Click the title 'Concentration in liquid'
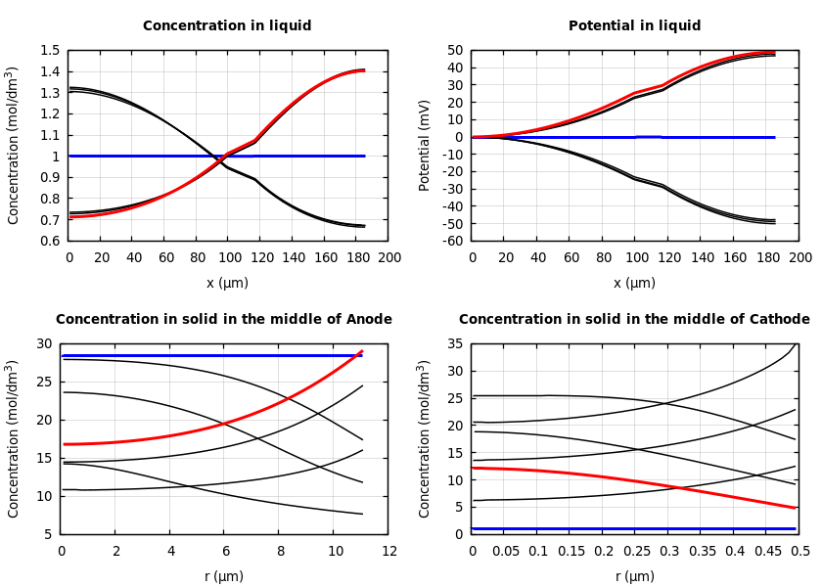pos(227,26)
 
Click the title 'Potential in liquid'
pos(634,26)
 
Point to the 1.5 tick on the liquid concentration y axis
pos(49,51)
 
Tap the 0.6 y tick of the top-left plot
pos(49,241)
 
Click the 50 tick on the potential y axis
pos(454,51)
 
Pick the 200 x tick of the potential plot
pos(800,257)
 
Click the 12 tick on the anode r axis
pos(389,551)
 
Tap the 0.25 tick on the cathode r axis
pos(636,551)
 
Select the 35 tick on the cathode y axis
pos(454,344)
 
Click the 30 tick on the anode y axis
pos(43,344)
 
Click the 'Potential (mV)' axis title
pos(425,145)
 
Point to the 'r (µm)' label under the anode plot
pos(224,576)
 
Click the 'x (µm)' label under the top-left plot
pos(227,283)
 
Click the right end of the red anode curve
pos(362,351)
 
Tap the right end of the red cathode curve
pos(796,508)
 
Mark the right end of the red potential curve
pos(774,52)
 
